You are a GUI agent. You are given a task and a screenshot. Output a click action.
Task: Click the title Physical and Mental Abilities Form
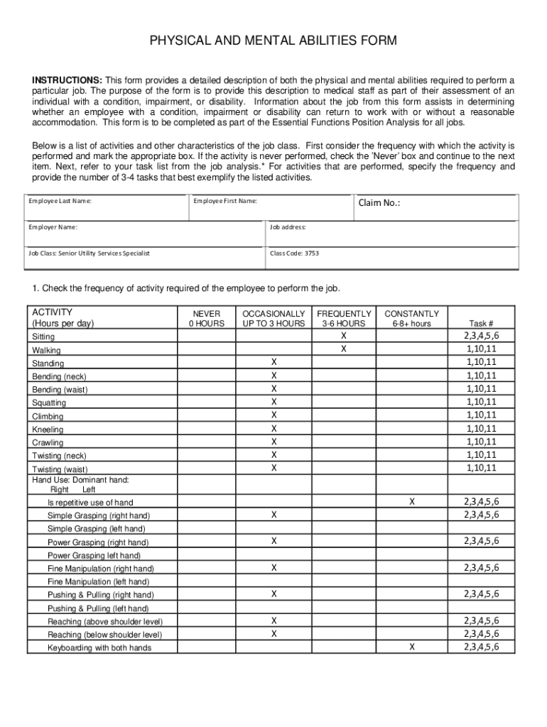point(273,41)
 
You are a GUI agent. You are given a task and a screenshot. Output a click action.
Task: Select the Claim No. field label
point(379,203)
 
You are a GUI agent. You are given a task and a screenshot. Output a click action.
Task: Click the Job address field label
point(288,227)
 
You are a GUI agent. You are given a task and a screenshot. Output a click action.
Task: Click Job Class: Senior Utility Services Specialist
point(89,253)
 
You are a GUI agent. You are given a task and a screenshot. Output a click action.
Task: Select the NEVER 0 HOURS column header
point(206,318)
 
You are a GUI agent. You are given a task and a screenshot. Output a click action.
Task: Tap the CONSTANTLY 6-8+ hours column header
point(411,318)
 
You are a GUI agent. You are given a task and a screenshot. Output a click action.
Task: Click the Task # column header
point(481,323)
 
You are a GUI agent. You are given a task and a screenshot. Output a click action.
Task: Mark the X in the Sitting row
point(344,336)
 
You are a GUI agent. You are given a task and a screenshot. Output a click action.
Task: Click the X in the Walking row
point(344,349)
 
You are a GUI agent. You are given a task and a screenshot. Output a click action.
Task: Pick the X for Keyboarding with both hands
point(411,647)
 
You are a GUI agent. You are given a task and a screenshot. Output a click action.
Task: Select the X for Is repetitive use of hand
point(411,501)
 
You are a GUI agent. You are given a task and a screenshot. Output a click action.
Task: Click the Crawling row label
point(48,443)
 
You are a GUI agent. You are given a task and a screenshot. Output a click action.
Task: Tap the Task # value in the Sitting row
point(481,336)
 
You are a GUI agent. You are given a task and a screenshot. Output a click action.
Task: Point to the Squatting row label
point(49,403)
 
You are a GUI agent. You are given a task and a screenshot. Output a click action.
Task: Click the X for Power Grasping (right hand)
point(273,541)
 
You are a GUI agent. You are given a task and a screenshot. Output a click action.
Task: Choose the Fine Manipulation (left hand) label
point(99,582)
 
